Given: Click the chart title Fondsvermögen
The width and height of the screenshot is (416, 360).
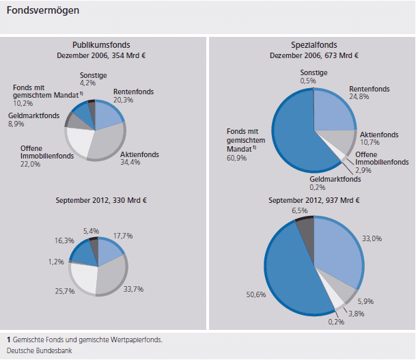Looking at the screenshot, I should (42, 11).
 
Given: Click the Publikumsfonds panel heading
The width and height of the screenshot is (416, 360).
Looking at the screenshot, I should (101, 44).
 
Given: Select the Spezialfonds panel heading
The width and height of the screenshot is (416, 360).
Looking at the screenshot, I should (312, 44).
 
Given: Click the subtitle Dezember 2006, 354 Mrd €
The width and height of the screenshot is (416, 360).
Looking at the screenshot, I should (101, 55).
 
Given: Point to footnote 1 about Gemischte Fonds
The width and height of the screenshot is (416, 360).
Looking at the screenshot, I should (85, 340).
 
